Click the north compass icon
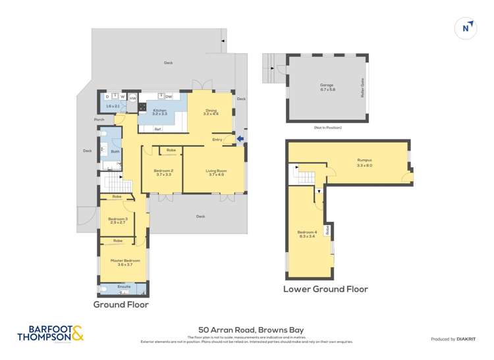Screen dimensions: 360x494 click(466, 28)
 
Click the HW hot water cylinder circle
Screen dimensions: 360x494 click(132, 99)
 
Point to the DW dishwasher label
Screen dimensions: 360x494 click(169, 97)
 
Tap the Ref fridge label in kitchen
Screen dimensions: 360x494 click(157, 129)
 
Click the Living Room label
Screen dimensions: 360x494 click(216, 172)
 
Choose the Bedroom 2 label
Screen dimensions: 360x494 click(163, 172)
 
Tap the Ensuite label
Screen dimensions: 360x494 click(124, 287)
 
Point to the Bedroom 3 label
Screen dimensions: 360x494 click(117, 220)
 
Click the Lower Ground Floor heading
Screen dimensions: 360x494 click(325, 289)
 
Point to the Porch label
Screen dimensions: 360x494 click(99, 120)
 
